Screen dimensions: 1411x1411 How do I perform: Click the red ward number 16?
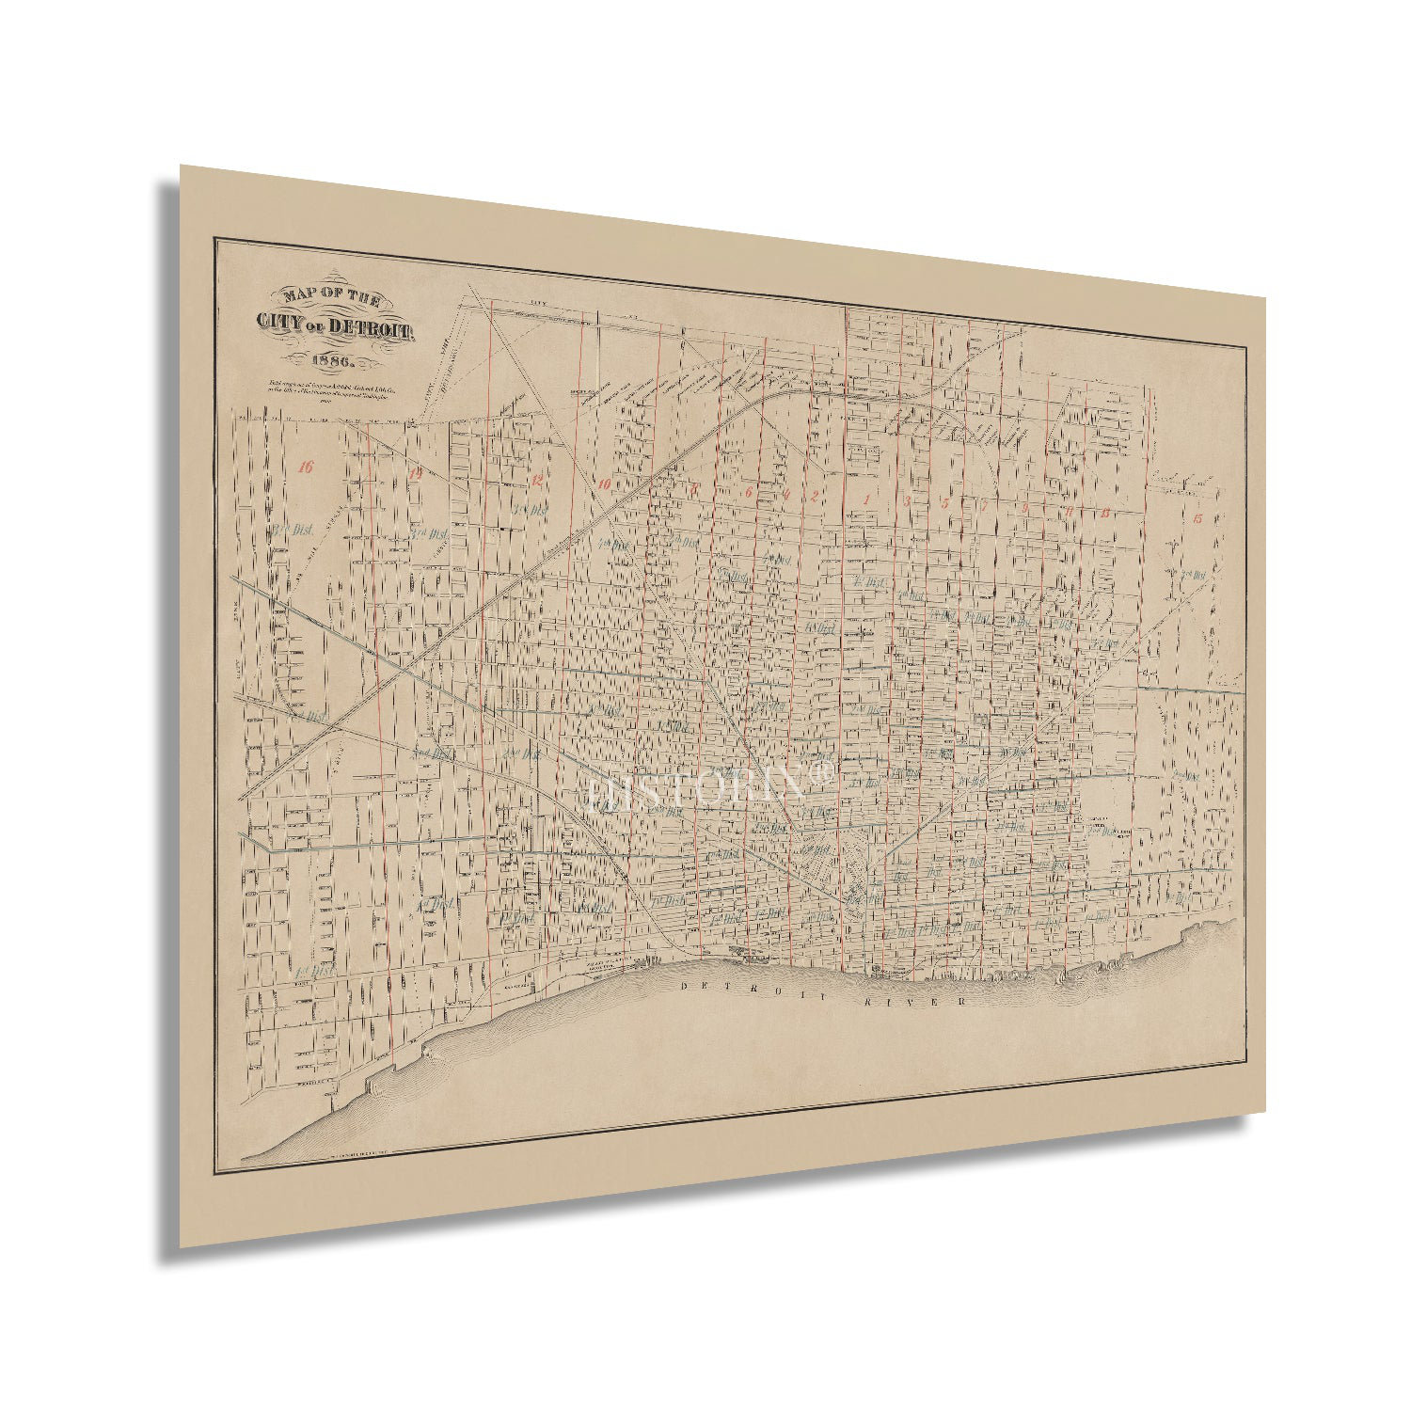(303, 466)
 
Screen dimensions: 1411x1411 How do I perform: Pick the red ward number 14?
(415, 475)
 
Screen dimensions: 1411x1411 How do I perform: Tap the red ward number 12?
(537, 480)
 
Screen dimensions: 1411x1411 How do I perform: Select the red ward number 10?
(604, 484)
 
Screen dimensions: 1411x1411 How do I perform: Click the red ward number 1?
(867, 499)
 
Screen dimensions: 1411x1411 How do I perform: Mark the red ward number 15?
(1197, 518)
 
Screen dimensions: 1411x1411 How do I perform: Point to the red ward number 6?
(749, 492)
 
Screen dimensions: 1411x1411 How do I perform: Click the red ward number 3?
(906, 500)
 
